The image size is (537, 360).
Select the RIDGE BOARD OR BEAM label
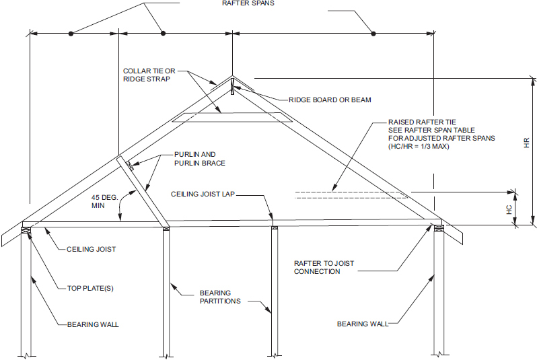[x=330, y=100]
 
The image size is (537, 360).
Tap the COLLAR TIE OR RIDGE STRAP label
[x=147, y=75]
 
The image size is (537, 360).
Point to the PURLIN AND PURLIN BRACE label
[x=199, y=158]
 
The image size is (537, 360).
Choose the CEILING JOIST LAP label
[x=203, y=194]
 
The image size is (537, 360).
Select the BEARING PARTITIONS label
[x=215, y=297]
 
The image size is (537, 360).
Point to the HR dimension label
[x=527, y=143]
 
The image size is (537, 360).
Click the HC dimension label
[x=509, y=210]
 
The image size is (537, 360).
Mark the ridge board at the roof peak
[x=231, y=86]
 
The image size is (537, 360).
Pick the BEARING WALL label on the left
[x=93, y=324]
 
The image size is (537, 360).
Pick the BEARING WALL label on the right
[x=363, y=324]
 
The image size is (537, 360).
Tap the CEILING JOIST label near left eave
[x=91, y=249]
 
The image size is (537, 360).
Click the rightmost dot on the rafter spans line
[x=373, y=32]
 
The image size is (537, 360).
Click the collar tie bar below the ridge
[x=231, y=118]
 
